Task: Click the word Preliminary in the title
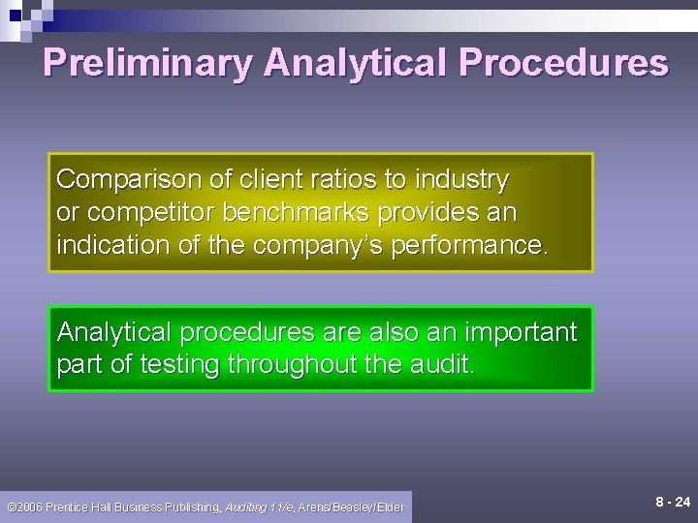click(x=147, y=63)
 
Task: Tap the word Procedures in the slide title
click(x=563, y=63)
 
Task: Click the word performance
click(x=469, y=245)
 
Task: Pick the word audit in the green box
click(x=446, y=365)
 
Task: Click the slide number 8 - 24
click(x=672, y=502)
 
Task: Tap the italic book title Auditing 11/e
click(x=260, y=507)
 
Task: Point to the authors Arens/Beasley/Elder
click(x=351, y=507)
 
